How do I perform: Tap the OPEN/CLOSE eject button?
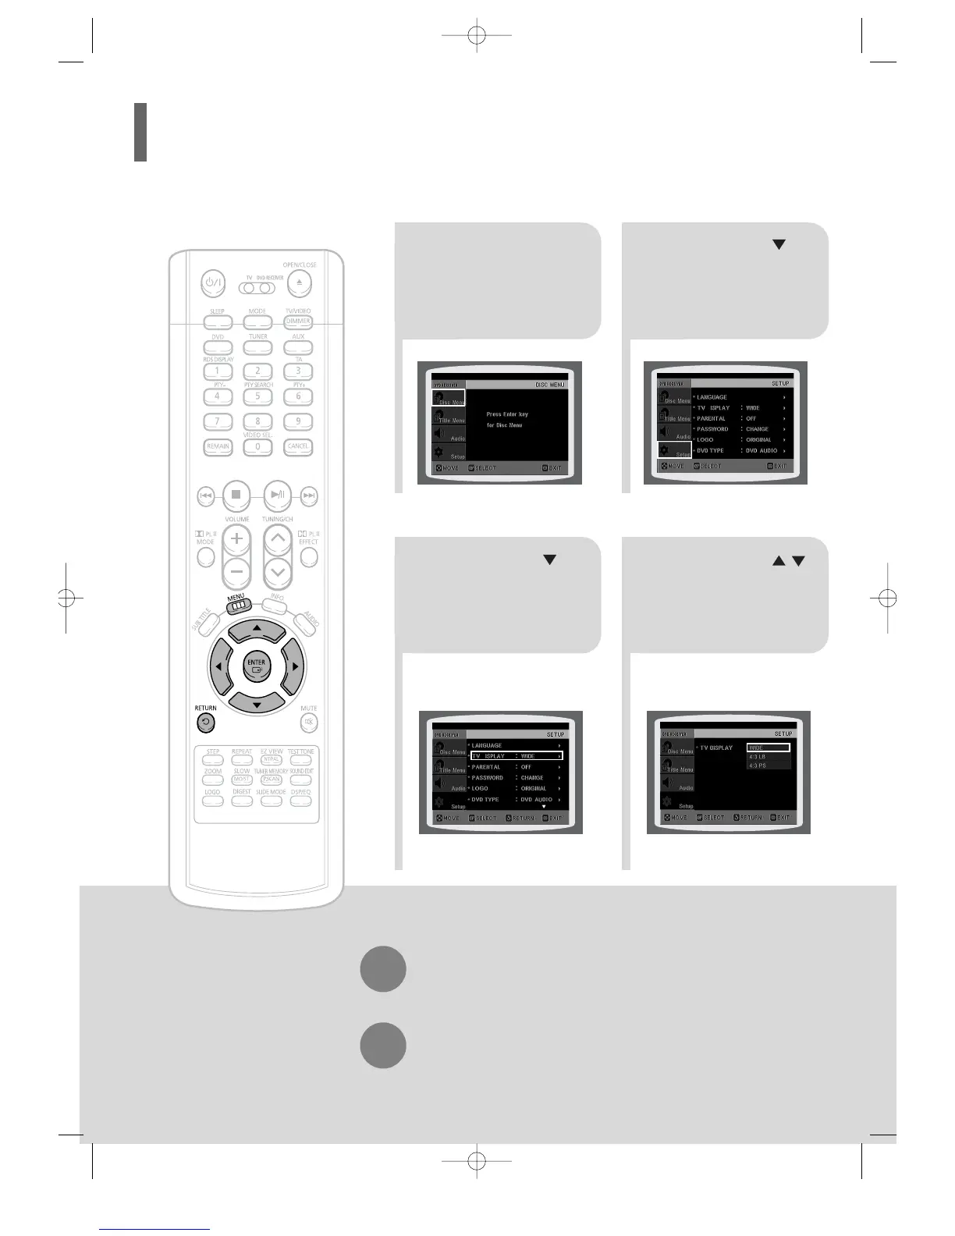(299, 283)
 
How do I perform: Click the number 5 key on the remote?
(257, 396)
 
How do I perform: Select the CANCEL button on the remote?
(298, 447)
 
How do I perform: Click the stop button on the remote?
(236, 495)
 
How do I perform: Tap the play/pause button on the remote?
(277, 495)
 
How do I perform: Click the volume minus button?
(236, 572)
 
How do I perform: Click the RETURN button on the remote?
(205, 723)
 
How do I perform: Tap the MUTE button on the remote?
(309, 723)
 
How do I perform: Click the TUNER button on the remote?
(257, 347)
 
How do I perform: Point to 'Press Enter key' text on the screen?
(507, 414)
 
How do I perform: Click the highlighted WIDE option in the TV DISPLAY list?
(769, 748)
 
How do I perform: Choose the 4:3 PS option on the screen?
(769, 765)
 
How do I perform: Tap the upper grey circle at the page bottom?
(383, 969)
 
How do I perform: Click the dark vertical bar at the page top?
(140, 132)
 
